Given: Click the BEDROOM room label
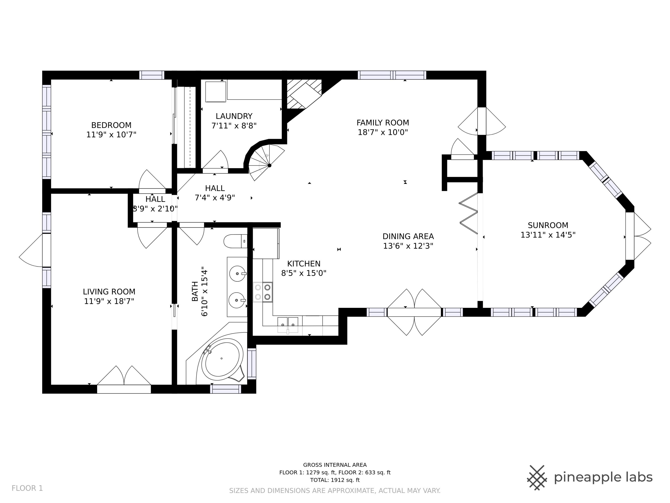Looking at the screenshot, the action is [111, 125].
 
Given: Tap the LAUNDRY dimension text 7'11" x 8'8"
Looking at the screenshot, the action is [234, 125].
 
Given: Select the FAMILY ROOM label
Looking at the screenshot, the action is [383, 123].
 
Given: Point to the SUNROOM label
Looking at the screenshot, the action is [548, 225].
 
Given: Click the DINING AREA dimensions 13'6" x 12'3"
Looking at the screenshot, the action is [408, 246].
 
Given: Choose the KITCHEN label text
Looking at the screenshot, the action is [304, 264].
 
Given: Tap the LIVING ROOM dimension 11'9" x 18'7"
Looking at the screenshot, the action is [109, 301].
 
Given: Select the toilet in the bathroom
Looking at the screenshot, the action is [235, 241].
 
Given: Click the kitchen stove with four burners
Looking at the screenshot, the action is [263, 292].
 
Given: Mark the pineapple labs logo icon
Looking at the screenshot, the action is [537, 478].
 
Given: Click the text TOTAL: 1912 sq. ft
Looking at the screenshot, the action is [335, 480].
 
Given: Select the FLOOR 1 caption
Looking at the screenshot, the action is [27, 488].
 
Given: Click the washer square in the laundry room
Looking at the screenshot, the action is [216, 92].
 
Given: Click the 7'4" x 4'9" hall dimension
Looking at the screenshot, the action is [215, 198].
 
